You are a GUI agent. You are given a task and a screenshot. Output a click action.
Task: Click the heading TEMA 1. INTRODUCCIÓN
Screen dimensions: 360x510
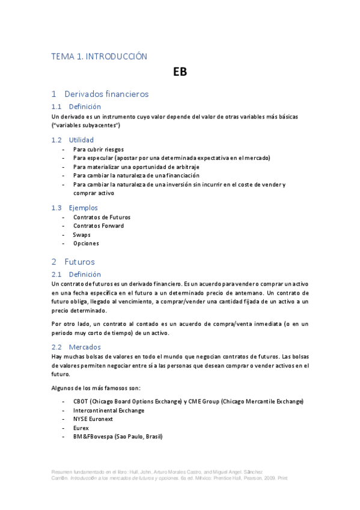(x=99, y=56)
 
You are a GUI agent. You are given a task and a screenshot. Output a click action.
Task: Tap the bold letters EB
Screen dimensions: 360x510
(x=180, y=72)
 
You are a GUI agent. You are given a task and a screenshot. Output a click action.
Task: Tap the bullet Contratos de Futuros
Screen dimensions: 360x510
(x=102, y=217)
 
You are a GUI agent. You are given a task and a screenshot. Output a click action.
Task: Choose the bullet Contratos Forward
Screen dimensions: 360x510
(x=99, y=226)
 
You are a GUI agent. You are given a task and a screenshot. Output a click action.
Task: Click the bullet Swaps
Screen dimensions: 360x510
(x=82, y=235)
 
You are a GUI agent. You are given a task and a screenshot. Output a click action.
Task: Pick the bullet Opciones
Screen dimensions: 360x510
(x=86, y=244)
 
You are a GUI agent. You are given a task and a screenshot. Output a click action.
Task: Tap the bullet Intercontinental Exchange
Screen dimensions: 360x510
(x=109, y=410)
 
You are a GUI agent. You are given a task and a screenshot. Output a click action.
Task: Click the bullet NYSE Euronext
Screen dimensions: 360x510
(x=94, y=419)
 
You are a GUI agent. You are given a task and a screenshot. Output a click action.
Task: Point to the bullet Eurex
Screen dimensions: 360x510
(x=81, y=428)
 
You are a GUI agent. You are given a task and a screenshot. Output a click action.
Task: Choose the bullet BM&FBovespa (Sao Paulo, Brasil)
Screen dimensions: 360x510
(x=118, y=437)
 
